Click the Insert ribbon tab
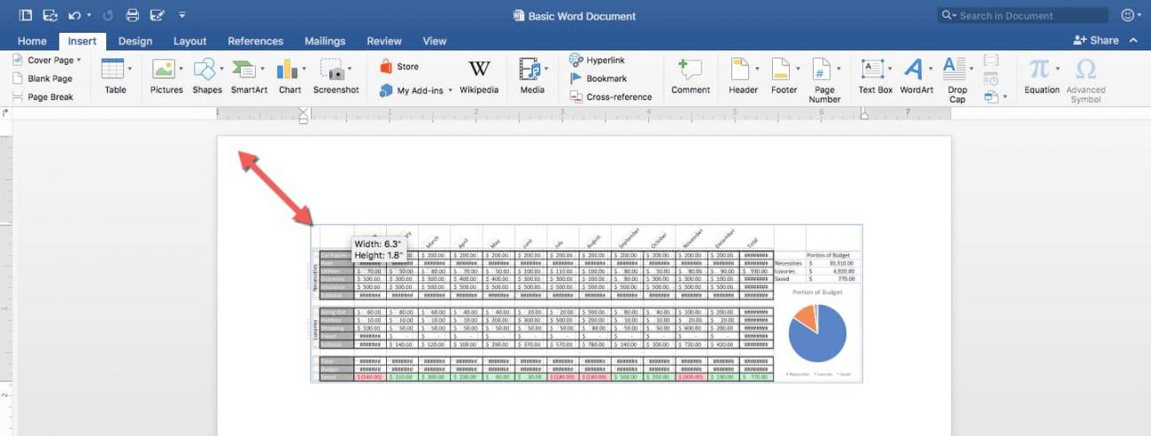point(82,41)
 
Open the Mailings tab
point(325,41)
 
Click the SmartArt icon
point(244,69)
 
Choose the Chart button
point(288,69)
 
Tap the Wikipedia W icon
point(479,69)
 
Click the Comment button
point(690,69)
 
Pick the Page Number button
point(823,70)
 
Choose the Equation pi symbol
point(1040,69)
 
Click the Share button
point(1096,40)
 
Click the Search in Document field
point(1027,15)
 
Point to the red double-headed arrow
point(274,189)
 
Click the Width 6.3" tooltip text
point(378,244)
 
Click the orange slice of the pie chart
point(805,318)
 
